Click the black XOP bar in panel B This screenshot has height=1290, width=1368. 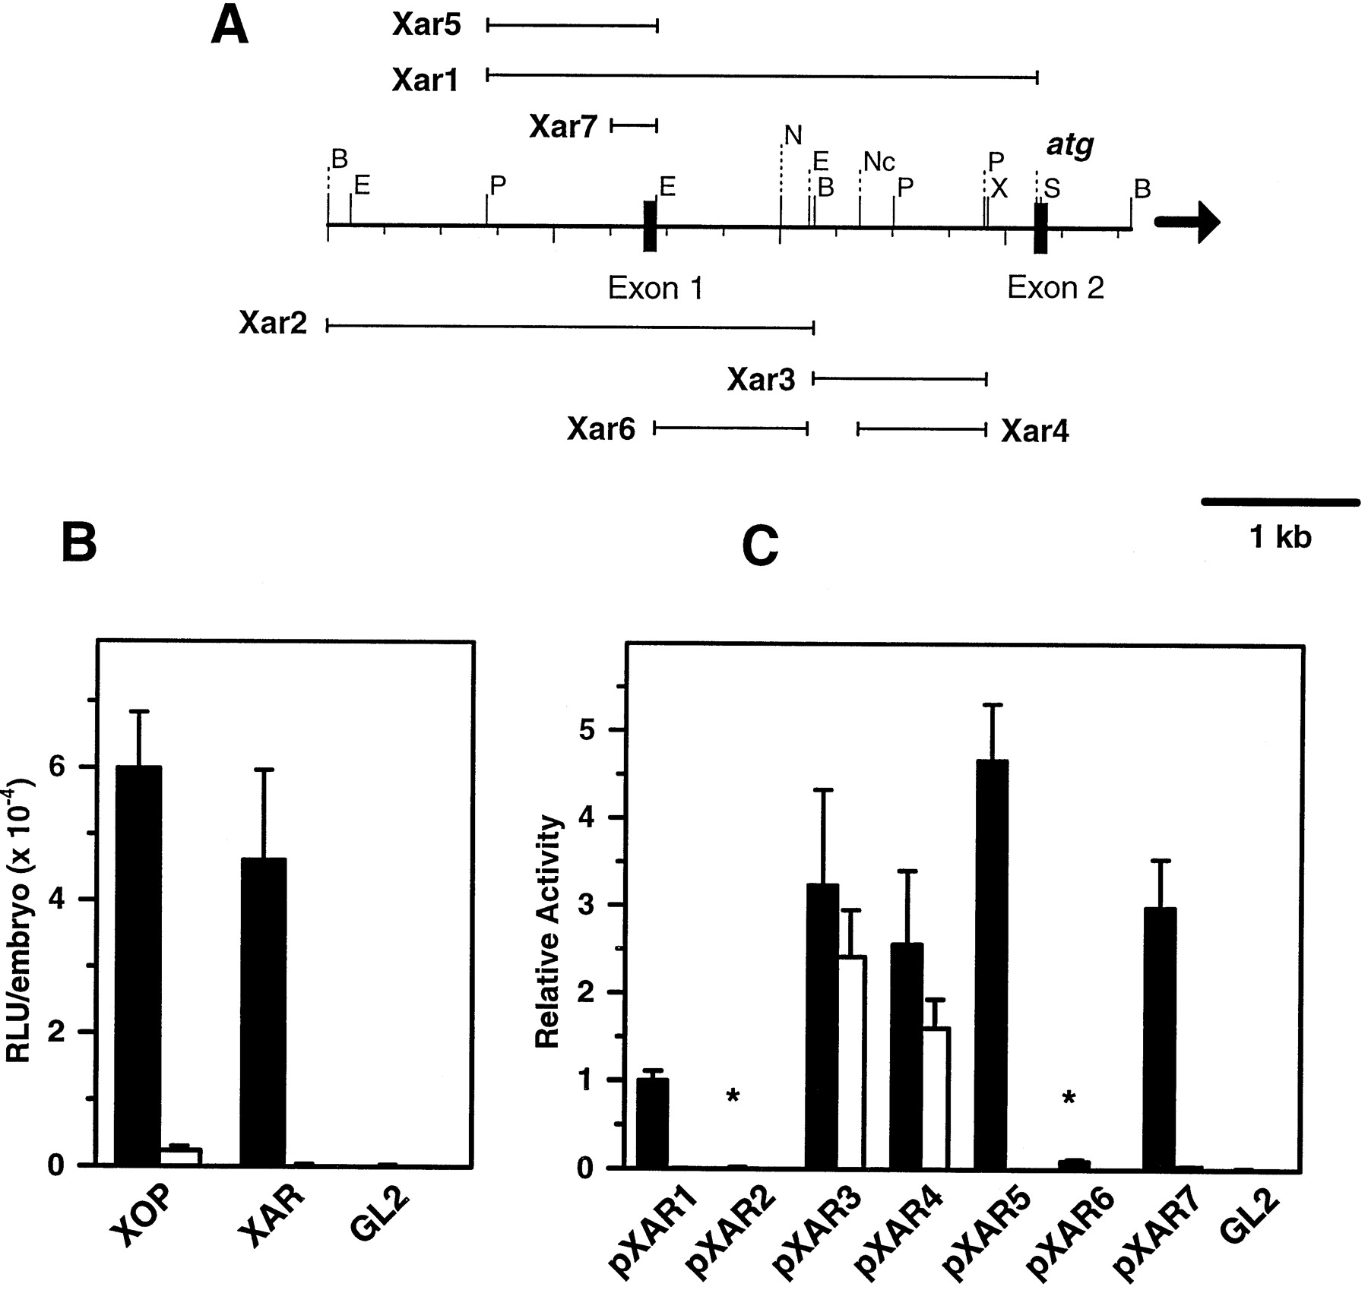pyautogui.click(x=138, y=965)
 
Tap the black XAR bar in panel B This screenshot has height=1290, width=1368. pyautogui.click(x=263, y=1010)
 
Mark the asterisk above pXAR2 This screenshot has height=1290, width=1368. pyautogui.click(x=733, y=1096)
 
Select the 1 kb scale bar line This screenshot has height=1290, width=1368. pyautogui.click(x=1281, y=501)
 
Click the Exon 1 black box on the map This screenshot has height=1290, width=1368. pyautogui.click(x=650, y=226)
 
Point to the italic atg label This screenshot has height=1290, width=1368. pyautogui.click(x=1070, y=145)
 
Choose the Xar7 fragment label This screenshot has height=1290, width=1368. pyautogui.click(x=564, y=126)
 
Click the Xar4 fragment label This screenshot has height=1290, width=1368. pyautogui.click(x=1034, y=432)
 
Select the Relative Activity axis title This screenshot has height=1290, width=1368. pyautogui.click(x=548, y=933)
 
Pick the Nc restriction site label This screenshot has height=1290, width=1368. pyautogui.click(x=879, y=162)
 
